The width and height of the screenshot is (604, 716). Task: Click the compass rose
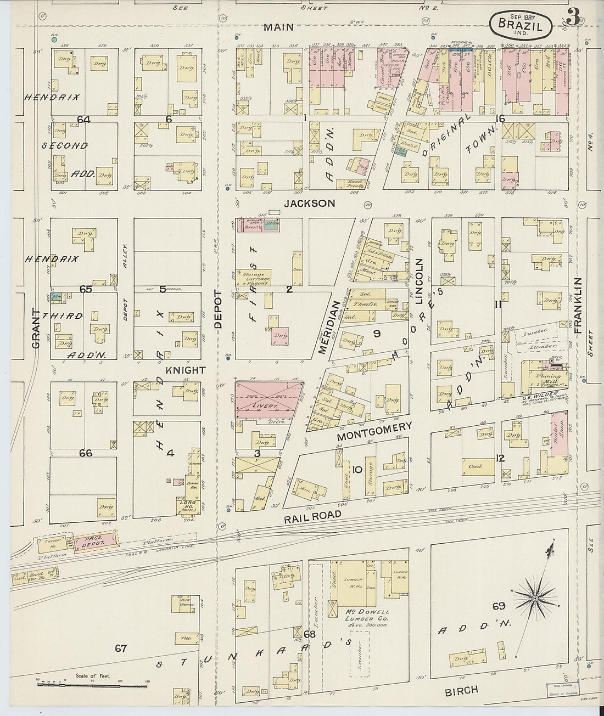(x=535, y=595)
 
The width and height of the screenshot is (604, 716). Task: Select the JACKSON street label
(x=309, y=204)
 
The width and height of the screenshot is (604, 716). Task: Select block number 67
(x=121, y=649)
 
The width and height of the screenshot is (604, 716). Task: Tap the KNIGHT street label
(x=190, y=370)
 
